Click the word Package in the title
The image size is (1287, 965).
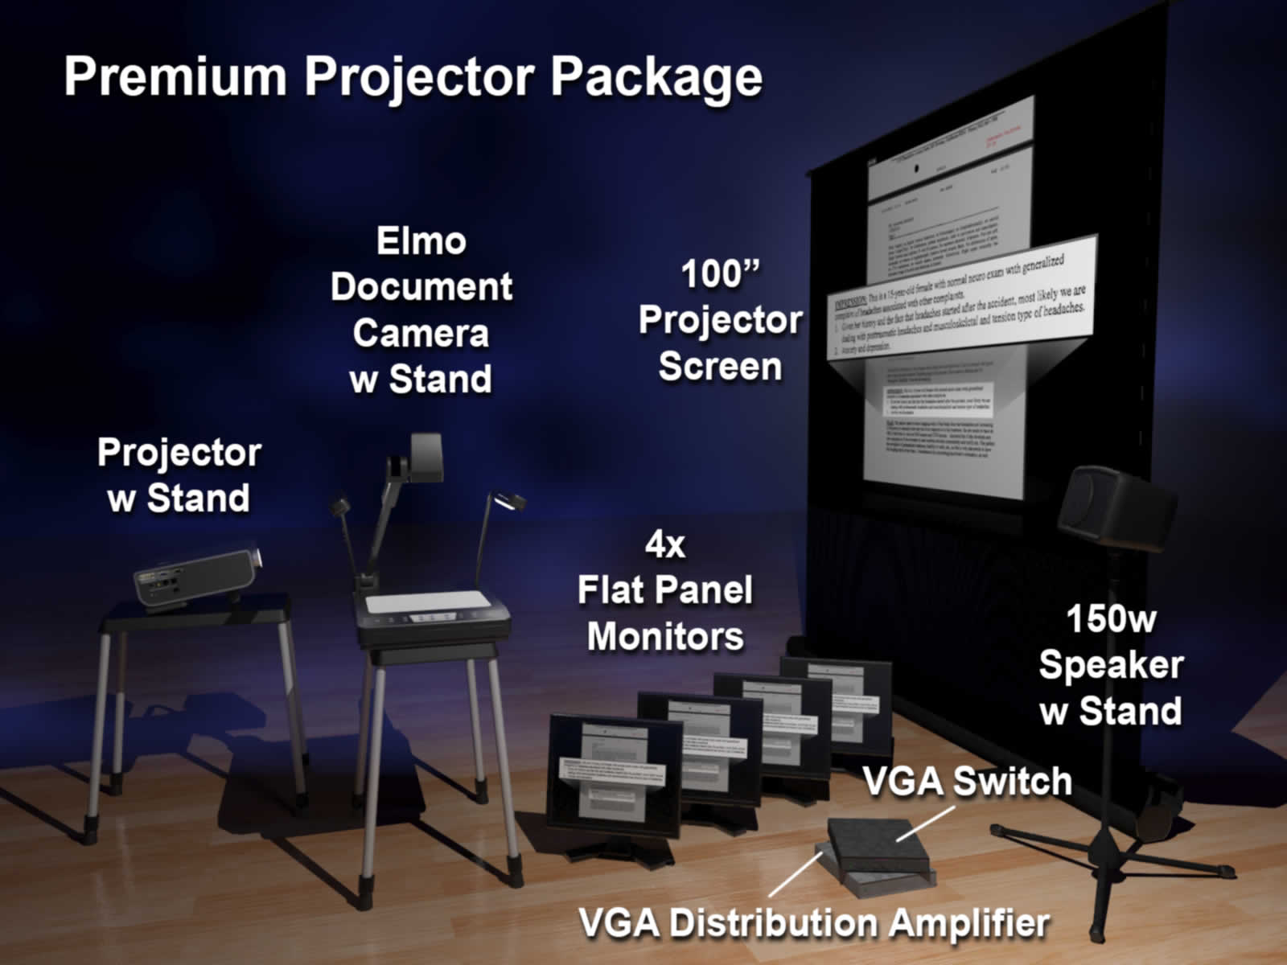[x=656, y=78]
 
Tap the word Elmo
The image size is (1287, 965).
[x=421, y=241]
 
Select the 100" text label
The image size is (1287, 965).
[x=720, y=273]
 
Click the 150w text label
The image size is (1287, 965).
[x=1110, y=619]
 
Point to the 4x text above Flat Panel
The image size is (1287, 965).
[x=665, y=545]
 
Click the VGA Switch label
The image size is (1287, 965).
[x=967, y=781]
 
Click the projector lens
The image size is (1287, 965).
[x=254, y=556]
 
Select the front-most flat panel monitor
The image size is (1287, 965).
[x=614, y=780]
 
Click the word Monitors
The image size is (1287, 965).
[x=665, y=637]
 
